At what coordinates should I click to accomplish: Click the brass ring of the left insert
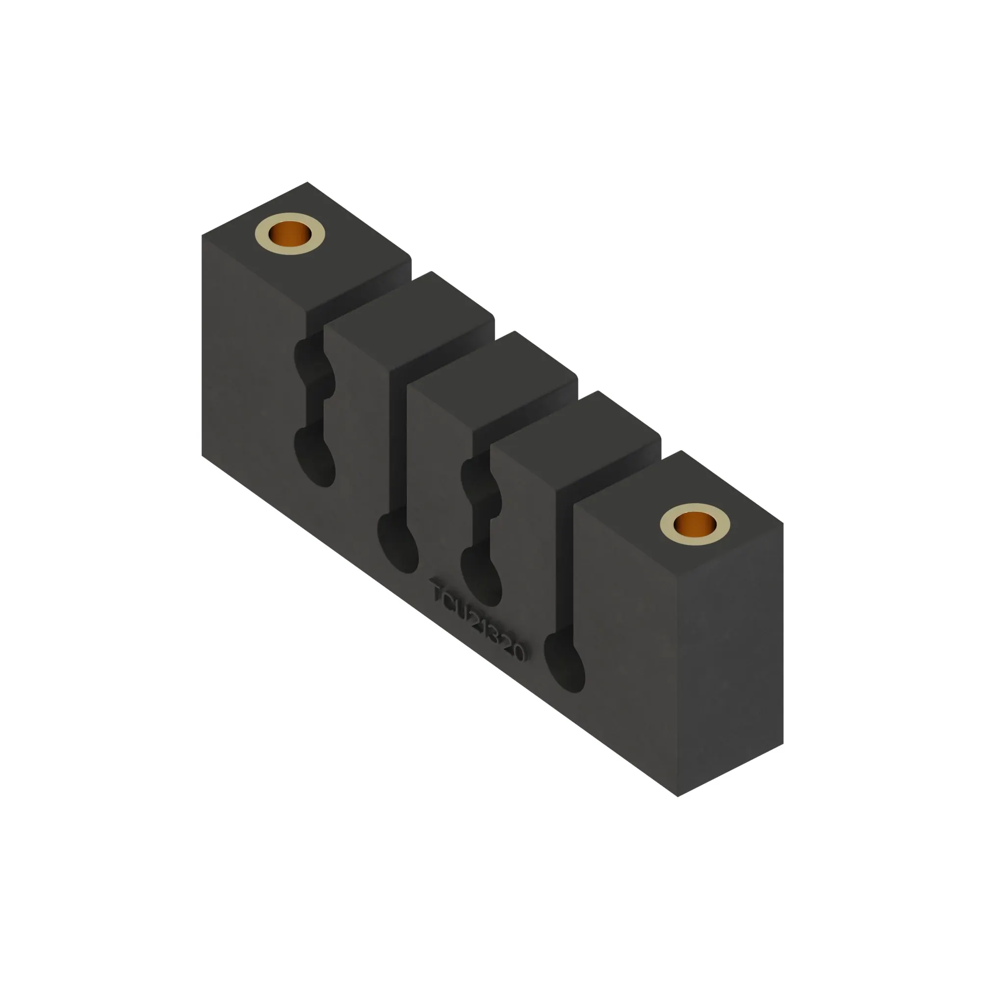click(x=264, y=243)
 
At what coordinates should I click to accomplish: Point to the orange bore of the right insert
click(x=695, y=523)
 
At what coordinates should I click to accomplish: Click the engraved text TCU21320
click(x=477, y=620)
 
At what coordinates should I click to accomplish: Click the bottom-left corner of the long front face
click(x=202, y=456)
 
